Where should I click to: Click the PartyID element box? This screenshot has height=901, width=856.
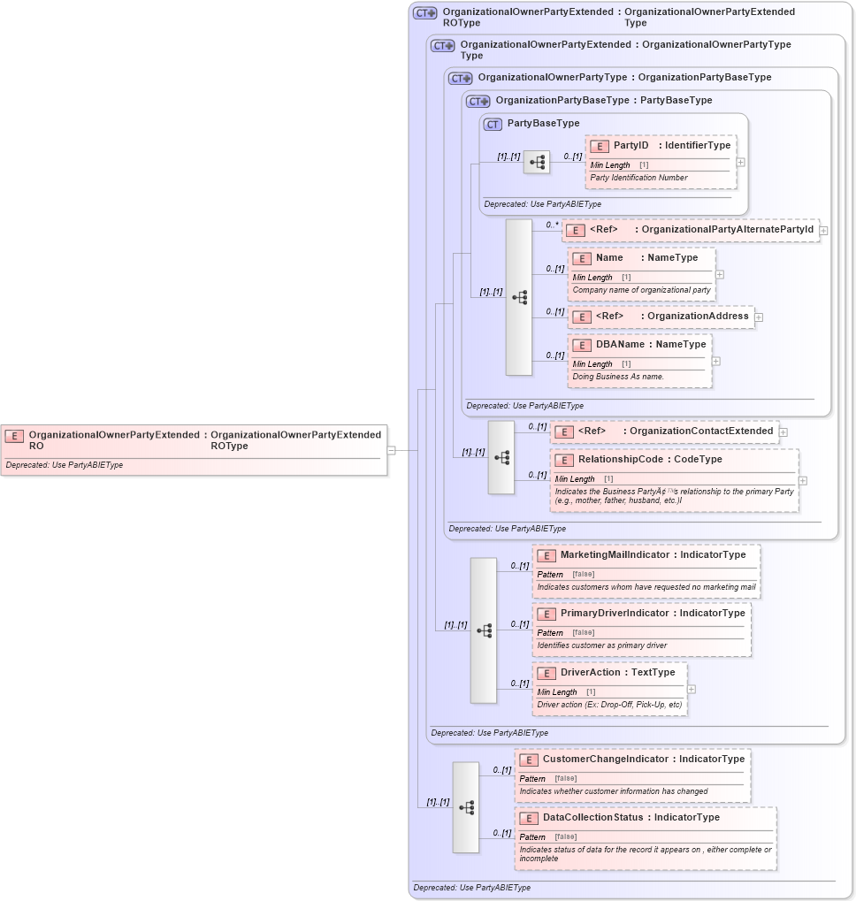[x=660, y=162]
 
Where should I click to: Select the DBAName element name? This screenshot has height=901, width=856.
[x=620, y=345]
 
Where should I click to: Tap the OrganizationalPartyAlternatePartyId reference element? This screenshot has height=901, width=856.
[x=690, y=230]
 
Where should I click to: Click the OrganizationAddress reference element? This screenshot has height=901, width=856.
[x=661, y=317]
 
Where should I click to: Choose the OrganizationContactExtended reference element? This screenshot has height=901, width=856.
[x=664, y=431]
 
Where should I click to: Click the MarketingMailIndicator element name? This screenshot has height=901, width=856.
[x=615, y=555]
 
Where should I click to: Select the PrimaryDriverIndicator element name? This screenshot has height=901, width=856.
[x=615, y=614]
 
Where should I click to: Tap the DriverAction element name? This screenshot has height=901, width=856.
[x=590, y=673]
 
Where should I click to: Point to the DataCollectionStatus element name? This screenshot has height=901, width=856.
[x=592, y=818]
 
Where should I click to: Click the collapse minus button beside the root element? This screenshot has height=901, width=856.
[x=391, y=450]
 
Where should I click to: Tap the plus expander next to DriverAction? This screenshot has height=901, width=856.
[x=692, y=689]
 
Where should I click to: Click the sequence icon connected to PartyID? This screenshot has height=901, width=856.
[x=537, y=163]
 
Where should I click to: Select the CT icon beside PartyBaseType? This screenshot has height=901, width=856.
[x=493, y=124]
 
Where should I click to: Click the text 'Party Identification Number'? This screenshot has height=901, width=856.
[x=638, y=178]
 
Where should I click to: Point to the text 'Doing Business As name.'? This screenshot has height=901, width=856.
[x=618, y=377]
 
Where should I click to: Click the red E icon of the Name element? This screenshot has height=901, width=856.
[x=582, y=259]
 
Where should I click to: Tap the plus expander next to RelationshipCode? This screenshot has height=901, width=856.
[x=803, y=481]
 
